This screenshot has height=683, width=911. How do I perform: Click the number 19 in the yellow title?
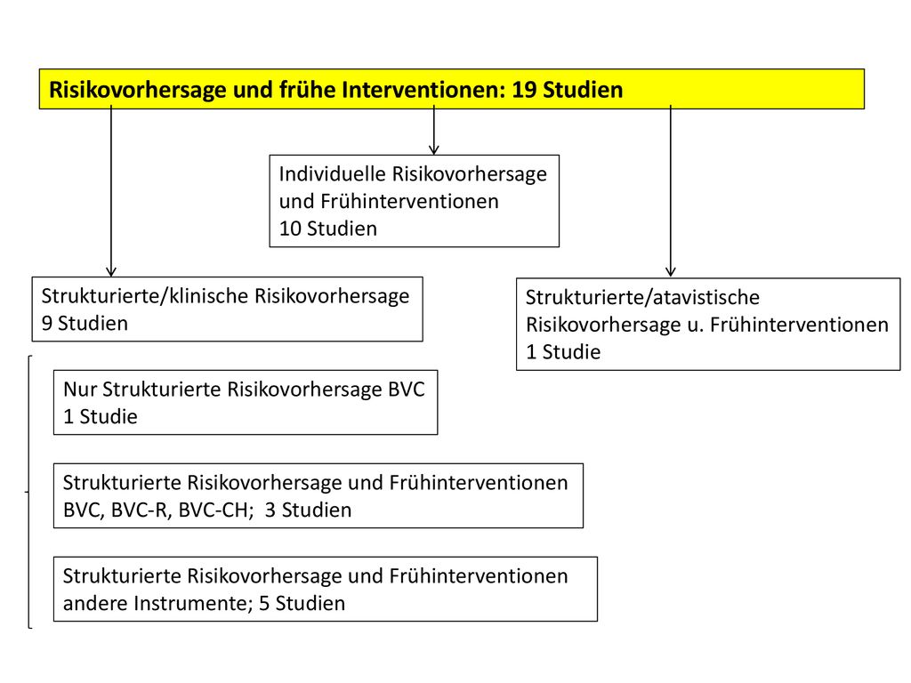524,90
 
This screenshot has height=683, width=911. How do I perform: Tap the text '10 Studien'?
328,229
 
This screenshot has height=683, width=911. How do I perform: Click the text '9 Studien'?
85,324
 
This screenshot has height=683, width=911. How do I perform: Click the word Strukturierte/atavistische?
642,297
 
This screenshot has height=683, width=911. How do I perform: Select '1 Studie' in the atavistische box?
563,352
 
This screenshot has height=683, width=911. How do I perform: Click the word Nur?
79,390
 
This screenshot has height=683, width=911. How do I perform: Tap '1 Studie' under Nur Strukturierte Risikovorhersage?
101,416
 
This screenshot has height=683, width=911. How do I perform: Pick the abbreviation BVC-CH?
215,510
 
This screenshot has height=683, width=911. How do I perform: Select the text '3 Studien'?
308,510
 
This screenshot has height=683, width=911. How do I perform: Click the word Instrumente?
193,604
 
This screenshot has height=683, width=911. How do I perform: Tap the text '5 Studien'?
302,604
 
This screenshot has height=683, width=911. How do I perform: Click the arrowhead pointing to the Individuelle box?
434,149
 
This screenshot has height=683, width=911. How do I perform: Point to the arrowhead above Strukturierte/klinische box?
111,271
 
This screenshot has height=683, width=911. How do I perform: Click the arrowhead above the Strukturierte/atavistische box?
671,271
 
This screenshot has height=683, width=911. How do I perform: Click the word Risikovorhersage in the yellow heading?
138,90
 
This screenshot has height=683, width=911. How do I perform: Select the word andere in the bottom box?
96,604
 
